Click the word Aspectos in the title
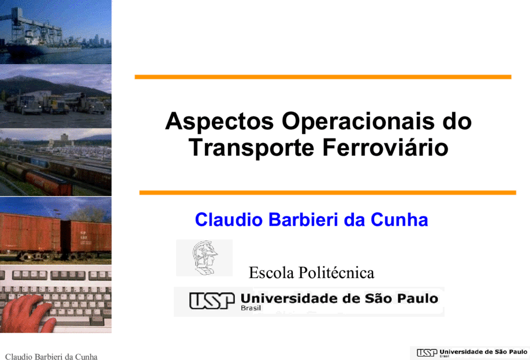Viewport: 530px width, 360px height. (x=219, y=122)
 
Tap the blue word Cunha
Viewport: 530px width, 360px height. (x=399, y=219)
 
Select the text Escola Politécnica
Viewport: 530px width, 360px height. (x=311, y=273)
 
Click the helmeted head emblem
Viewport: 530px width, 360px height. (x=204, y=258)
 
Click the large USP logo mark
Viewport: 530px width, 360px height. (x=212, y=301)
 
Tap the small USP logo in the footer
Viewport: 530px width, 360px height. (x=427, y=352)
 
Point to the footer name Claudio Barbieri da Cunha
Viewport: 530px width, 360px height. (x=51, y=357)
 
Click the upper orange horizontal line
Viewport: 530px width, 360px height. (x=323, y=77)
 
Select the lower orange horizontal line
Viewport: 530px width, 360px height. (x=327, y=193)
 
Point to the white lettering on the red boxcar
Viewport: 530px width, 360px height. (x=83, y=235)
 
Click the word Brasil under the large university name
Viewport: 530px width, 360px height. (x=251, y=308)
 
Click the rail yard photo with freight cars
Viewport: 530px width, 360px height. (x=55, y=163)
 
